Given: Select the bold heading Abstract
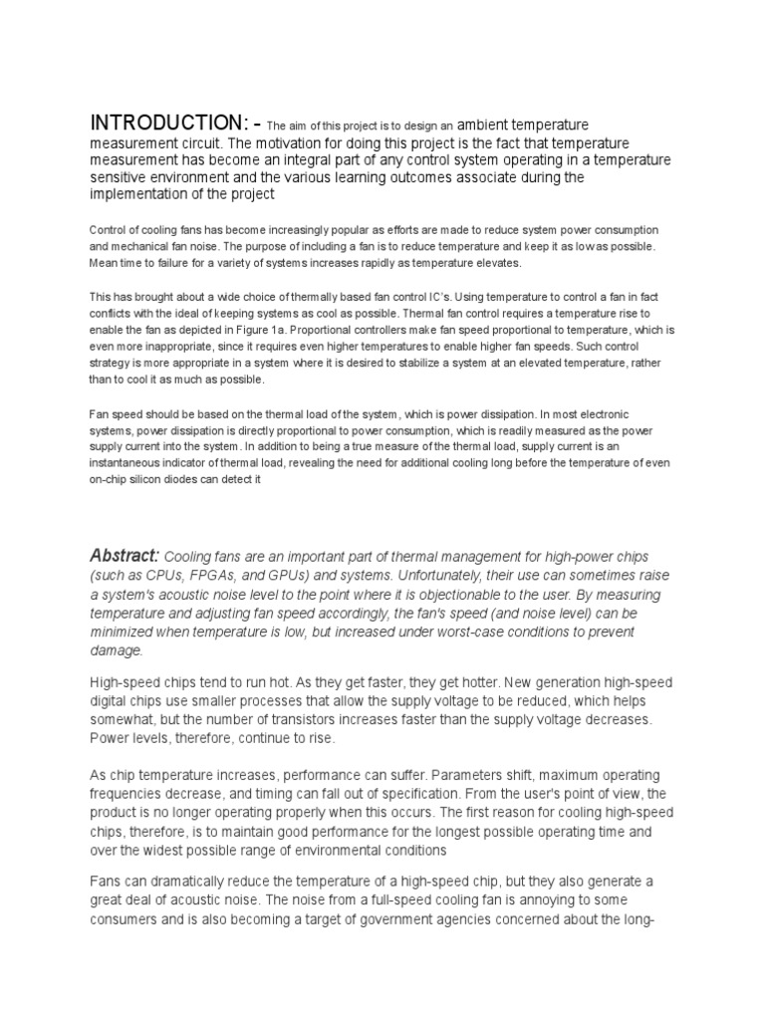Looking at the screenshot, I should point(125,556).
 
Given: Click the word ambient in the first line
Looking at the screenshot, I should point(488,126).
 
